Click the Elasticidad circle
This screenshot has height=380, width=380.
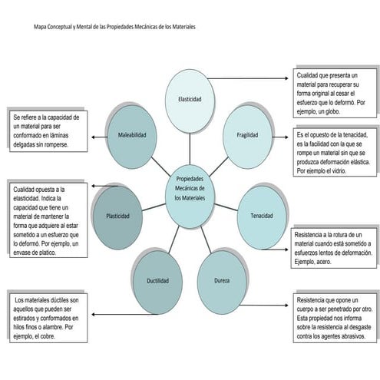click(x=190, y=101)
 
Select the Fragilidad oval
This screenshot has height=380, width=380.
click(x=247, y=137)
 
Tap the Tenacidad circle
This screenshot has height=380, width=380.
click(x=262, y=217)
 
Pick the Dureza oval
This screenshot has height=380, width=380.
click(x=222, y=283)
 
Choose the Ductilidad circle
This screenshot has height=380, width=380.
click(x=157, y=283)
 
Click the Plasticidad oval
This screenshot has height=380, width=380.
click(x=117, y=217)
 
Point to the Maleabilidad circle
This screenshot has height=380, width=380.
click(x=132, y=137)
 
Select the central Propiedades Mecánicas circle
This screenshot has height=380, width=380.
click(x=190, y=197)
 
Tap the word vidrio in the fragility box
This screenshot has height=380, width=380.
click(x=339, y=170)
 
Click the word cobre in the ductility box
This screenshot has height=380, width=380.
click(x=48, y=336)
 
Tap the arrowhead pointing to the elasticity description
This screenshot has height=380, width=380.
click(x=286, y=78)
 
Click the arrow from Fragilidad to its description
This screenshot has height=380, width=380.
click(x=280, y=137)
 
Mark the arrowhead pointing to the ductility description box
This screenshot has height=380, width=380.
click(x=94, y=314)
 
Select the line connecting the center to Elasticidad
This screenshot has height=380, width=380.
click(x=190, y=149)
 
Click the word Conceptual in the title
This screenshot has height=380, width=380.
click(x=59, y=27)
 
